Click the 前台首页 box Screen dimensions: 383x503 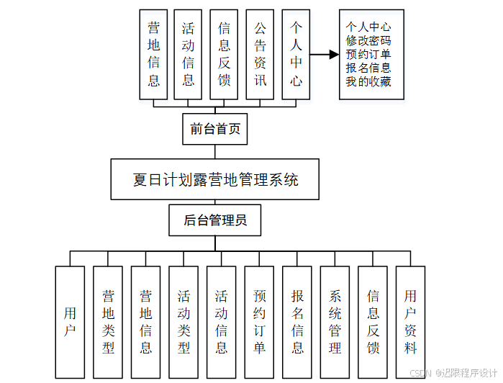[x=215, y=130]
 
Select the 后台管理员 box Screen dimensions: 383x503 [x=215, y=220]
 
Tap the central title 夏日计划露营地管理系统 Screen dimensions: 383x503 [x=215, y=179]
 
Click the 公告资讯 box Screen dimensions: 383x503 [x=260, y=54]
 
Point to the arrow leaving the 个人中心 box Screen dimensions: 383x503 [x=328, y=54]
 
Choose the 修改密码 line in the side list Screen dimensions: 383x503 [x=368, y=41]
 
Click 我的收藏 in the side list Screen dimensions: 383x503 [x=368, y=81]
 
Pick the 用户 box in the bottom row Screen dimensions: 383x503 [x=70, y=322]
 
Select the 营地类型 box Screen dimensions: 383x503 [x=108, y=322]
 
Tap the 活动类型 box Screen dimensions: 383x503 [x=183, y=322]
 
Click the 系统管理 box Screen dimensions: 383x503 [x=335, y=322]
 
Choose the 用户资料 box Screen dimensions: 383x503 [x=410, y=322]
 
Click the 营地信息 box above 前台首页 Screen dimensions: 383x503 [x=153, y=54]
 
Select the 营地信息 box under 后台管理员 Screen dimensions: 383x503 [x=145, y=322]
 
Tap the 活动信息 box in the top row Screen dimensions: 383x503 [x=188, y=54]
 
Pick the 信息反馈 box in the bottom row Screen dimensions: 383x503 [x=373, y=322]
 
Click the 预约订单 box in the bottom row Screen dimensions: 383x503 [x=259, y=322]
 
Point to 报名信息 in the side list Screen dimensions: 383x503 [x=368, y=68]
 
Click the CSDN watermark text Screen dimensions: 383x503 [x=453, y=373]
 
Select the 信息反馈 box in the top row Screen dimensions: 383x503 [x=224, y=54]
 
